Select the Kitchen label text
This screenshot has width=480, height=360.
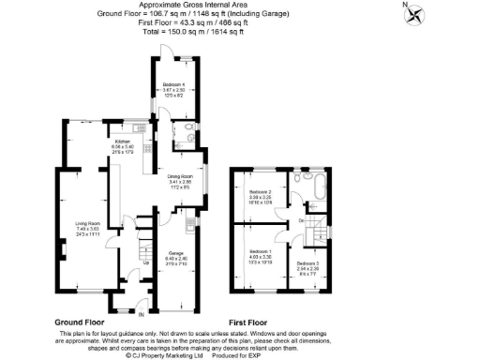(124, 146)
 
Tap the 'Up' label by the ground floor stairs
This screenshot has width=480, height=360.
(146, 262)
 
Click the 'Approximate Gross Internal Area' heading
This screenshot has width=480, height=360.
(192, 6)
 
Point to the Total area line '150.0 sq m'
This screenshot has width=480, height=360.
(192, 31)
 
